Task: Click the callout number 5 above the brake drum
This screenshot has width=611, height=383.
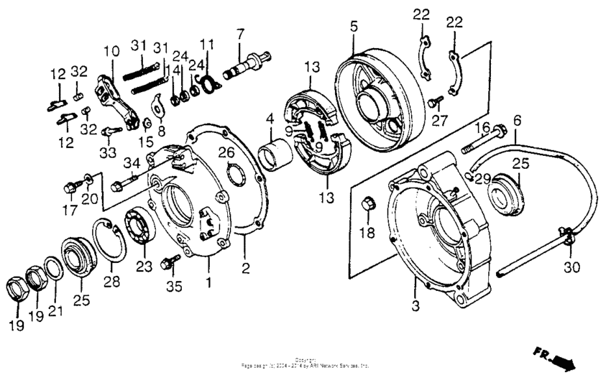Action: tap(354, 27)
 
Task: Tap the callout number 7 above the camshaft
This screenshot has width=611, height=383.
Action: tap(241, 33)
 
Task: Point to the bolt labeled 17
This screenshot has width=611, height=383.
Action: tap(70, 188)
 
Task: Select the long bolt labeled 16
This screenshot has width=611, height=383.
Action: tap(480, 140)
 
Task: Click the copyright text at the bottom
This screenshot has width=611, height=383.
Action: tap(305, 363)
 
